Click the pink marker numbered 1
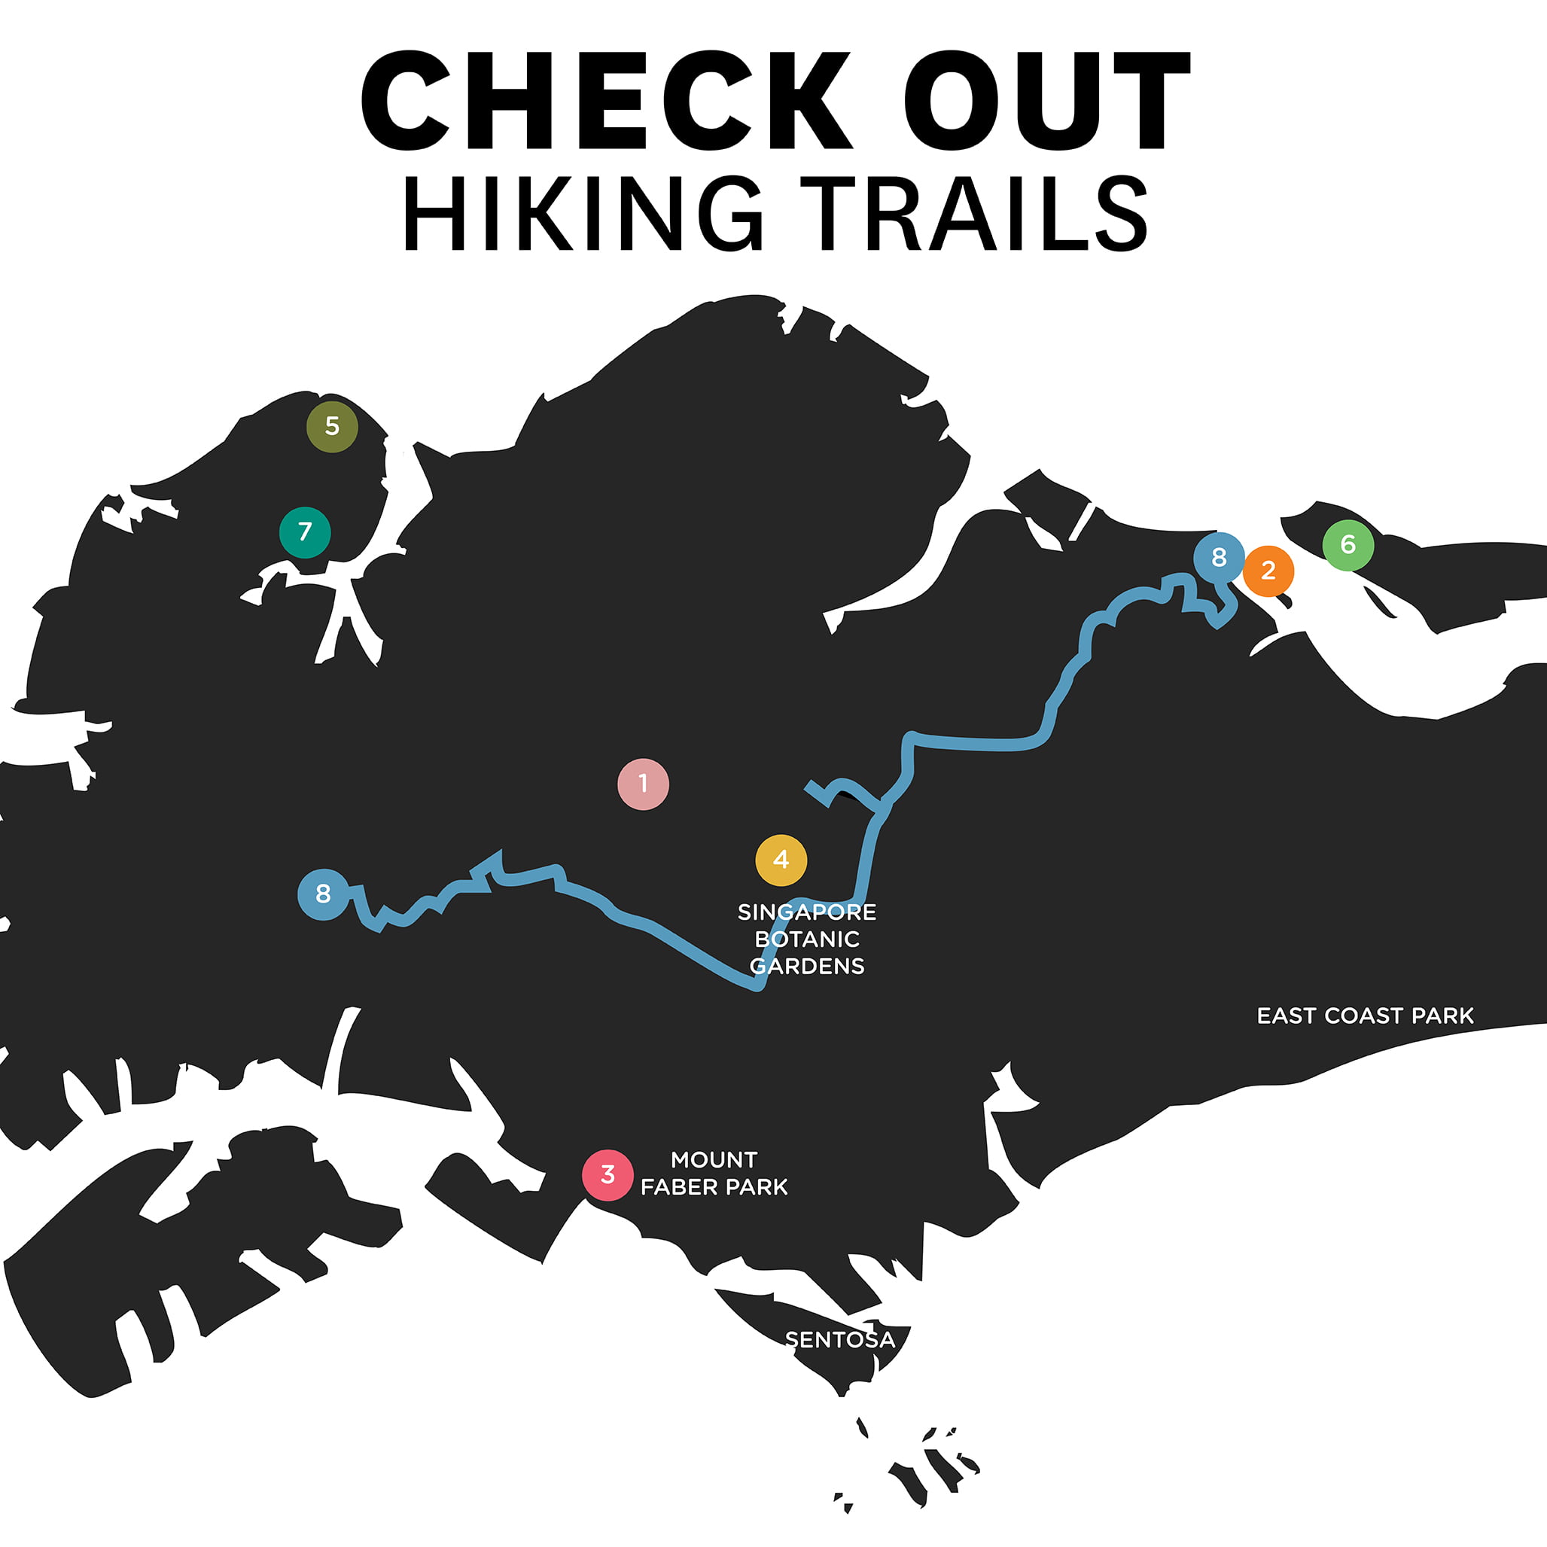pyautogui.click(x=643, y=784)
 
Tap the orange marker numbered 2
pyautogui.click(x=1268, y=571)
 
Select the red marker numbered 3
pyautogui.click(x=608, y=1174)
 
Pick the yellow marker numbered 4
pyautogui.click(x=781, y=860)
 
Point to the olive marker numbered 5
pyautogui.click(x=332, y=427)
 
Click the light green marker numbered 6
pyautogui.click(x=1348, y=545)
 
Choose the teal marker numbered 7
pyautogui.click(x=305, y=532)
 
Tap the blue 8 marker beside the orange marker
pyautogui.click(x=1219, y=557)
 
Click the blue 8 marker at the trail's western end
pyautogui.click(x=324, y=894)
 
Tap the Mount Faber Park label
pyautogui.click(x=714, y=1173)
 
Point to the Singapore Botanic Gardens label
pyautogui.click(x=807, y=939)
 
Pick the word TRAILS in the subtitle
pyautogui.click(x=973, y=214)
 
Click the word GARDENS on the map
pyautogui.click(x=807, y=967)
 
